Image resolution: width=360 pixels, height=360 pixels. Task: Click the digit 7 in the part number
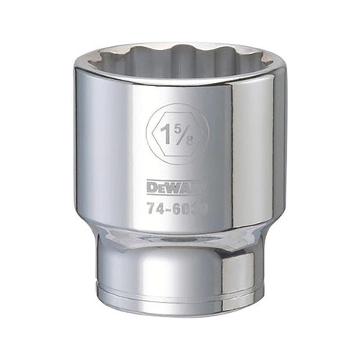[152, 211]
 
